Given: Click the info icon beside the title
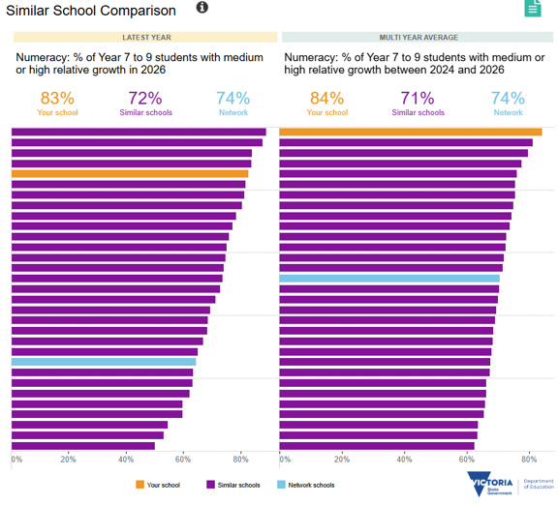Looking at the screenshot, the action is coord(202,7).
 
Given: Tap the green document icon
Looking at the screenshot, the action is coord(533,8).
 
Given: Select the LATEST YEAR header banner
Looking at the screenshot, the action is coord(145,38).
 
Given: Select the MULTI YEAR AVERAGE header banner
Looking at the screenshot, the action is coord(418,38).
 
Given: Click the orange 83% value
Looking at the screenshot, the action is coord(57,99).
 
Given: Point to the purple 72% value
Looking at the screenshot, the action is coord(145,99).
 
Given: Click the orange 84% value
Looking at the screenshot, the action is coord(327,99).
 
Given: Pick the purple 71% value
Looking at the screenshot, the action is coord(418,99).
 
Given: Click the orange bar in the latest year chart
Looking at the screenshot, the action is coord(130,174).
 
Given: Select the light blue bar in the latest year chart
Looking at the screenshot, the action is coord(104,362).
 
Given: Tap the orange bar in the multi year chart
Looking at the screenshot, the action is coord(411,133).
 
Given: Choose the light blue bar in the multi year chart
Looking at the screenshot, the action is coord(389,279).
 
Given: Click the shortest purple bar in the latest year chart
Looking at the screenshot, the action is coord(83,446).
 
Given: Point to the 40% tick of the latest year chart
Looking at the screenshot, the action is coord(126,460).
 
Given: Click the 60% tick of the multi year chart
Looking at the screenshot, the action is coord(466,460).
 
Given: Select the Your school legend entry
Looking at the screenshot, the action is coord(158,485).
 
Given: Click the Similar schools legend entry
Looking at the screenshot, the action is coord(233,485).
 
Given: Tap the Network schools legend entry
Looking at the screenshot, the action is coord(306,485).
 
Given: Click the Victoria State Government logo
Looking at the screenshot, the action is coord(490,484).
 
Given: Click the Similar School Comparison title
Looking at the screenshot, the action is coord(91,11).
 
